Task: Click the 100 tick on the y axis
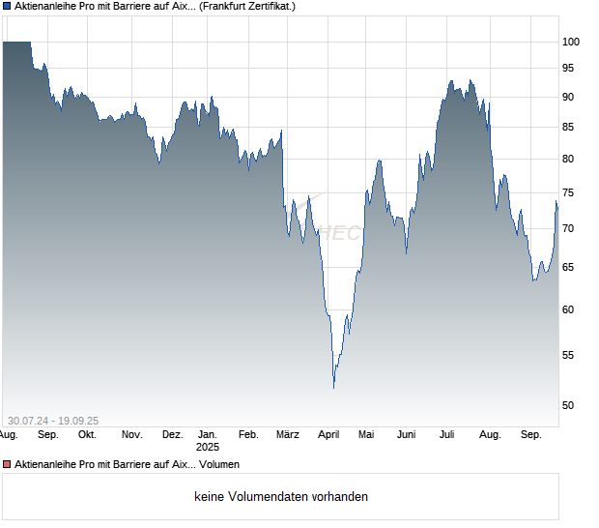pyautogui.click(x=571, y=42)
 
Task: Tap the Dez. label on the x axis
pyautogui.click(x=172, y=435)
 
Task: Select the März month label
pyautogui.click(x=288, y=435)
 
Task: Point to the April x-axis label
pyautogui.click(x=328, y=435)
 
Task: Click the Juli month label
pyautogui.click(x=446, y=435)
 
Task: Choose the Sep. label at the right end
pyautogui.click(x=530, y=435)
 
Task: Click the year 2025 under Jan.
pyautogui.click(x=208, y=448)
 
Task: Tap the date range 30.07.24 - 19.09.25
pyautogui.click(x=53, y=420)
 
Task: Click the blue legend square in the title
pyautogui.click(x=7, y=7)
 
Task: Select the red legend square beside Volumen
pyautogui.click(x=7, y=465)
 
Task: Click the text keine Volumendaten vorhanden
pyautogui.click(x=281, y=497)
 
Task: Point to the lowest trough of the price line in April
pyautogui.click(x=334, y=388)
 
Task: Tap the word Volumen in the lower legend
pyautogui.click(x=219, y=465)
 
